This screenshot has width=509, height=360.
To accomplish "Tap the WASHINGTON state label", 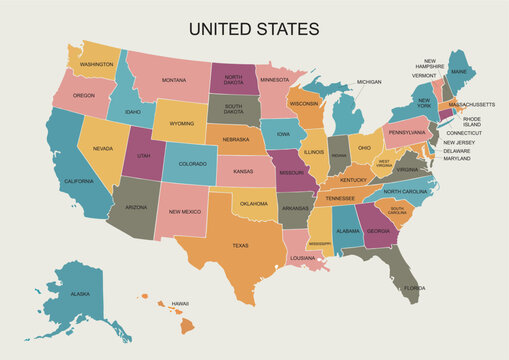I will [x=97, y=64].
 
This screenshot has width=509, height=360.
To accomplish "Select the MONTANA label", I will [x=174, y=80].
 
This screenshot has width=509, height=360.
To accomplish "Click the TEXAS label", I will [x=240, y=245].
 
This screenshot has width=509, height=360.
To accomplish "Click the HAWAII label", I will [x=180, y=303].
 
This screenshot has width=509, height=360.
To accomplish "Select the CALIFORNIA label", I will [x=79, y=181].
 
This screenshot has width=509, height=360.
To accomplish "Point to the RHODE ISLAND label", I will [x=471, y=121].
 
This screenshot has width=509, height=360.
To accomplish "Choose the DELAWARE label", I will [x=457, y=151].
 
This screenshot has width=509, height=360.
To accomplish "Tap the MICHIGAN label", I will [x=369, y=82].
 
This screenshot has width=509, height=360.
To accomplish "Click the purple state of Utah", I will [x=143, y=155].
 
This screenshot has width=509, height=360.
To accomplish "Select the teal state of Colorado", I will [x=192, y=163].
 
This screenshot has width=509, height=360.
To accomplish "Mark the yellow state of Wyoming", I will [x=181, y=124].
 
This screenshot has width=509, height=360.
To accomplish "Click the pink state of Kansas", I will [x=243, y=171].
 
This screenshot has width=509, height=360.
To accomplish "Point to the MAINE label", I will [x=459, y=72].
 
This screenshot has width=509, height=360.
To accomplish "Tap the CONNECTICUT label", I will [x=464, y=133].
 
